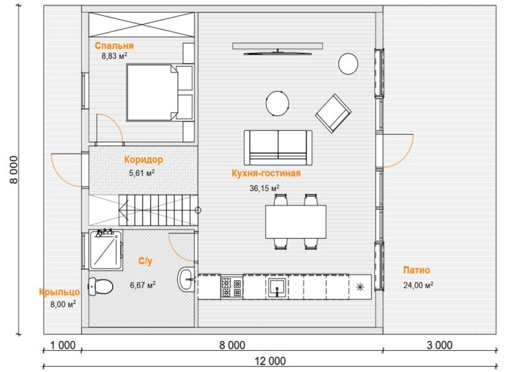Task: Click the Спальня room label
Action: pos(114,46)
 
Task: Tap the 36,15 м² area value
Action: pos(264,187)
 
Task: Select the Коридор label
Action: pos(144,160)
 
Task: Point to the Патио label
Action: pos(416,270)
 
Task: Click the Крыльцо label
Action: pos(59,292)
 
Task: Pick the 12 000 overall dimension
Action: pos(270,361)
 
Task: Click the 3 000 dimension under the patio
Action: pos(439,345)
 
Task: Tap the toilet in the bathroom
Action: pos(100,286)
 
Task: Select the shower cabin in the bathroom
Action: pos(105,249)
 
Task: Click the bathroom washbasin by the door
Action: pos(186,280)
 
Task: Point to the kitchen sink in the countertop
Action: pos(277,288)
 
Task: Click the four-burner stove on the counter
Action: pos(232,287)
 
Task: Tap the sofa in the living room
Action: pos(278,147)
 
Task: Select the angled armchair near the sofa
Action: pos(333,113)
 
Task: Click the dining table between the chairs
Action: pos(296,222)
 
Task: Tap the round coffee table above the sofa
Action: pos(277,104)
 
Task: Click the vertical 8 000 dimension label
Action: pos(14,170)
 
